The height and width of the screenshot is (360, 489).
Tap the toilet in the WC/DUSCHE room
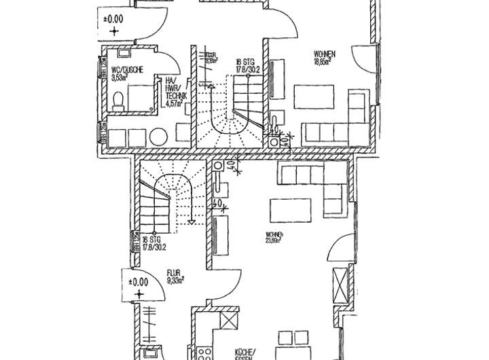[x=120, y=103]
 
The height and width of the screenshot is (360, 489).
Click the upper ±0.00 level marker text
[x=114, y=20]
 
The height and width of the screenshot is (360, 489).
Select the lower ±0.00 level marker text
[x=139, y=283]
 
